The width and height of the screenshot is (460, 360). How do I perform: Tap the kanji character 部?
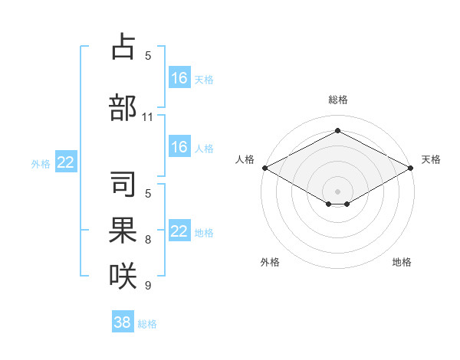pyautogui.click(x=123, y=108)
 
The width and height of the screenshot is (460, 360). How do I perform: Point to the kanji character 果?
pyautogui.click(x=123, y=231)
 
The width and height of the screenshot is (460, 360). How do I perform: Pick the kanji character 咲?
pyautogui.click(x=123, y=276)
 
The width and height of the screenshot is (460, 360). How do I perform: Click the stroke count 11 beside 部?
pyautogui.click(x=148, y=117)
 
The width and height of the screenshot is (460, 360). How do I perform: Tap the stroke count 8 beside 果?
pyautogui.click(x=148, y=240)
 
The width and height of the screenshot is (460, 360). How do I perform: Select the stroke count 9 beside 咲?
pyautogui.click(x=148, y=285)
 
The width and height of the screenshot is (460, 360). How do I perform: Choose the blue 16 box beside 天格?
pyautogui.click(x=179, y=77)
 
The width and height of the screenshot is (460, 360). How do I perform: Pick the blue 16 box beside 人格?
pyautogui.click(x=179, y=147)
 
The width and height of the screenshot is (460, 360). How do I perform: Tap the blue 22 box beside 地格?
pyautogui.click(x=179, y=231)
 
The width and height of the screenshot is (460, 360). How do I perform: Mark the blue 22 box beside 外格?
pyautogui.click(x=66, y=162)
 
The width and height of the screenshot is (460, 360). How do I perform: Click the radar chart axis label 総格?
pyautogui.click(x=338, y=100)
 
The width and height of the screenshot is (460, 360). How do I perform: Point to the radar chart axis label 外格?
pyautogui.click(x=270, y=262)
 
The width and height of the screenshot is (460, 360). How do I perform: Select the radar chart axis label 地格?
pyautogui.click(x=402, y=262)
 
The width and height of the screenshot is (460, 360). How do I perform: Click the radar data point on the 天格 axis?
pyautogui.click(x=412, y=168)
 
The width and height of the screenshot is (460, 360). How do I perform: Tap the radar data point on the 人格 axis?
pyautogui.click(x=264, y=168)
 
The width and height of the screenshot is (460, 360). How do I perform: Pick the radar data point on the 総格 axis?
pyautogui.click(x=338, y=131)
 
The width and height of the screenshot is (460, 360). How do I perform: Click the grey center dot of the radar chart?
pyautogui.click(x=338, y=190)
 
